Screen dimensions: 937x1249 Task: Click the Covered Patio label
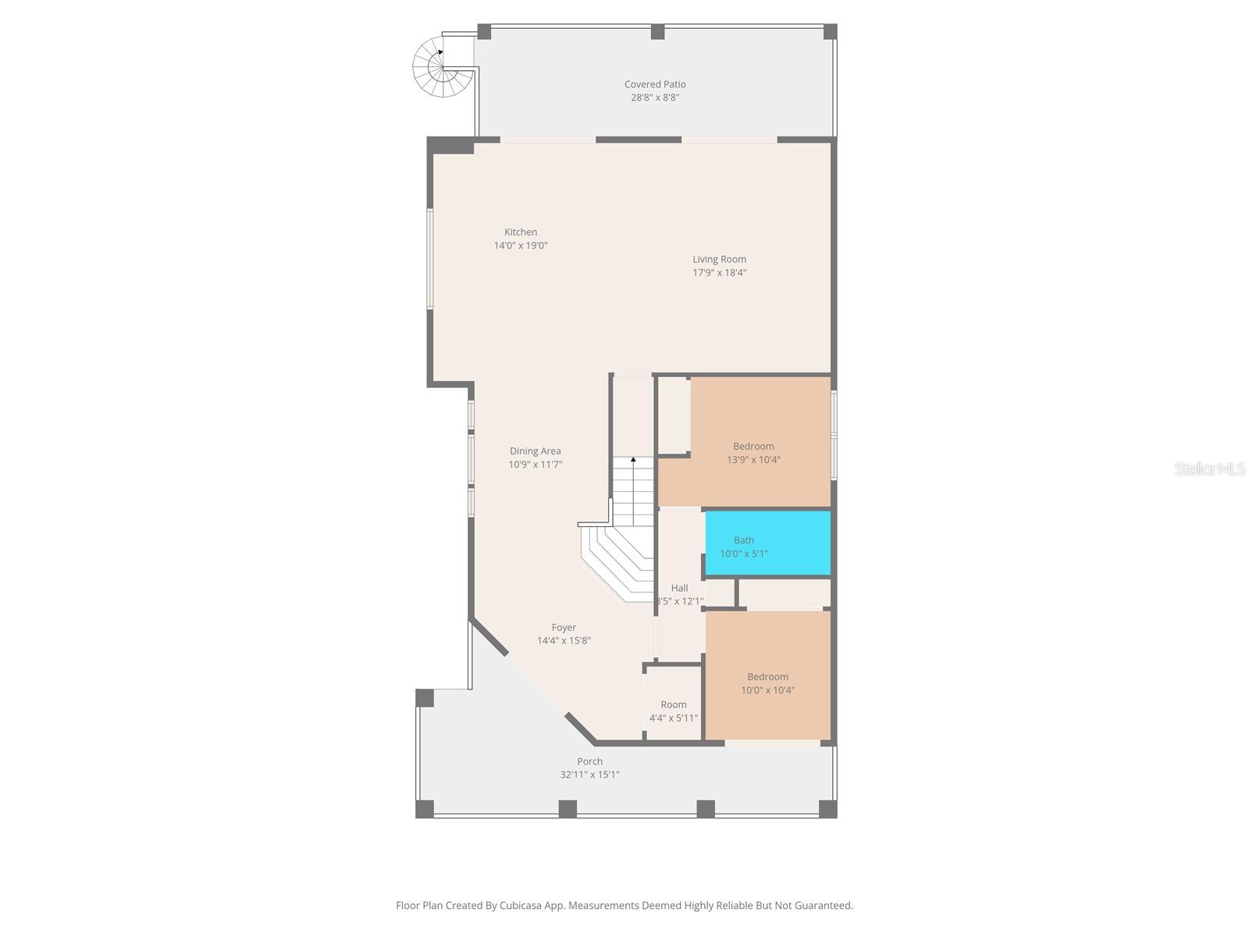654,84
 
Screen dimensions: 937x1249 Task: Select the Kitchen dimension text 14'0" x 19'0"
521,245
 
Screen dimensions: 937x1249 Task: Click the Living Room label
719,259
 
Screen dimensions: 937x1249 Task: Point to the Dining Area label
535,451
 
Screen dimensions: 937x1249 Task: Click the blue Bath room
768,543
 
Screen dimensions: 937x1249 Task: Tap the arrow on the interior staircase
633,461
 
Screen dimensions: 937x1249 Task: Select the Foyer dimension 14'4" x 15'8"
564,641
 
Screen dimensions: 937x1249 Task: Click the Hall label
679,588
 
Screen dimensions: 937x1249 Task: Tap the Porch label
589,761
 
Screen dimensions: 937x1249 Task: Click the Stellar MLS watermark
1210,468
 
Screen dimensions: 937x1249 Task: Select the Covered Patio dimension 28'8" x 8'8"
654,98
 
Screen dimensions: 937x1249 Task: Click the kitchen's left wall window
429,258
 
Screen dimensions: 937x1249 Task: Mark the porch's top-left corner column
425,697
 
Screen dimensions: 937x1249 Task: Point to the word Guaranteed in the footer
822,906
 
